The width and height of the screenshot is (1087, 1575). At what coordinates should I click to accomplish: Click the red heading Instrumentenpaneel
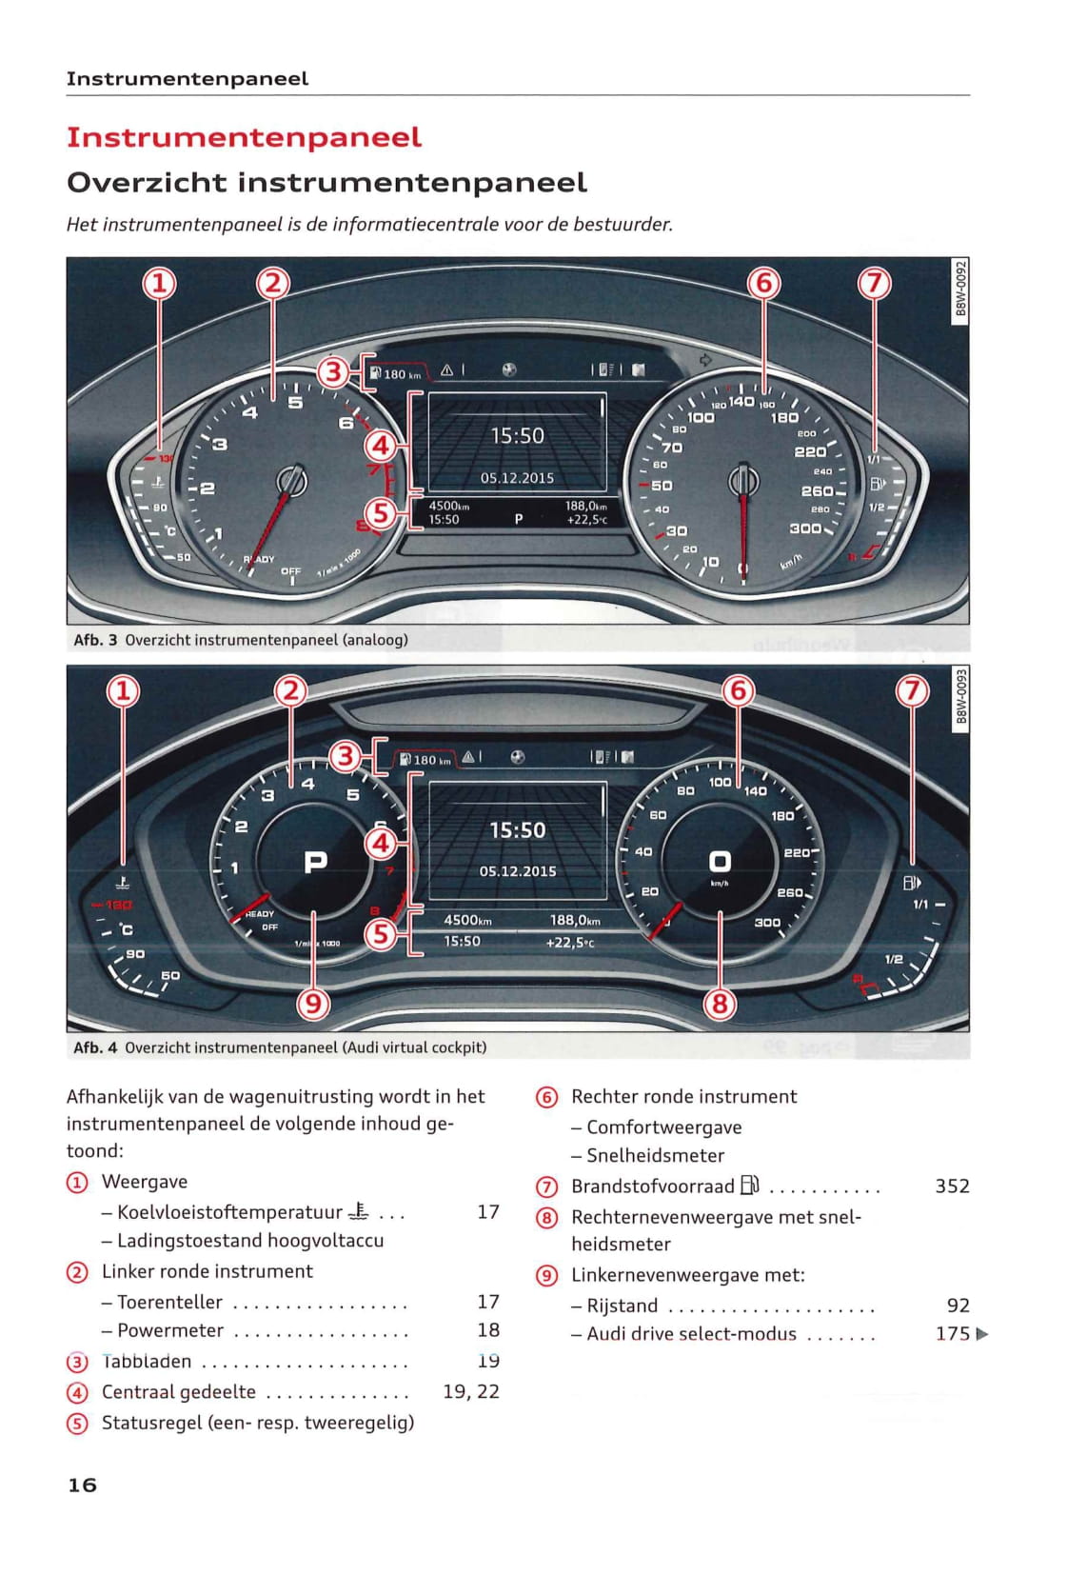tap(244, 137)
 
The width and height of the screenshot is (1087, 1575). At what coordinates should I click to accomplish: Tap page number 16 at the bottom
tap(82, 1485)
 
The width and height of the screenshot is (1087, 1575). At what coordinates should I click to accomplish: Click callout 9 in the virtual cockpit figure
tap(313, 1003)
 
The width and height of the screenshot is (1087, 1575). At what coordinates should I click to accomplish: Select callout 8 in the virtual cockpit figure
tap(720, 1003)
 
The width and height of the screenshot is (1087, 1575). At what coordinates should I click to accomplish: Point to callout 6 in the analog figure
tap(763, 283)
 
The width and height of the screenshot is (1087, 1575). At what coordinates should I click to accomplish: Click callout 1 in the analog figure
tap(159, 283)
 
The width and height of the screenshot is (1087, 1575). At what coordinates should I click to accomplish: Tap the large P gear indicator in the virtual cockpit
tap(315, 862)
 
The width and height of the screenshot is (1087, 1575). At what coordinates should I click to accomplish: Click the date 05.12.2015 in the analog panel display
tap(517, 478)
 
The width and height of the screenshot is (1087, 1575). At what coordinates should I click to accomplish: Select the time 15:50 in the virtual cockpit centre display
tap(517, 830)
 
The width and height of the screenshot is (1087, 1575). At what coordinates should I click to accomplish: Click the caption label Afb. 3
tap(95, 640)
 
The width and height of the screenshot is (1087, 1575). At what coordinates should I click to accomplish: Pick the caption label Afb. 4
tap(95, 1047)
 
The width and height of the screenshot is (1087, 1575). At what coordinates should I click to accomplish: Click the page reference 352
tap(952, 1186)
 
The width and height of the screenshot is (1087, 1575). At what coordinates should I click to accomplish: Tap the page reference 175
tap(952, 1334)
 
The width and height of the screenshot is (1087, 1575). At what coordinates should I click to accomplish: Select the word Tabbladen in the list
tap(147, 1362)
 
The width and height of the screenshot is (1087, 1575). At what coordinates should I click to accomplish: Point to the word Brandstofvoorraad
tap(653, 1186)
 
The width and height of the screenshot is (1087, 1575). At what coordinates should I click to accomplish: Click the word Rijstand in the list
tap(623, 1306)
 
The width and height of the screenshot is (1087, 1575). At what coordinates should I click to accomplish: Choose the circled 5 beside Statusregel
tap(77, 1424)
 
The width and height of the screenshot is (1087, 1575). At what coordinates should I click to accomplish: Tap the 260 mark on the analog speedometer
tap(817, 491)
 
